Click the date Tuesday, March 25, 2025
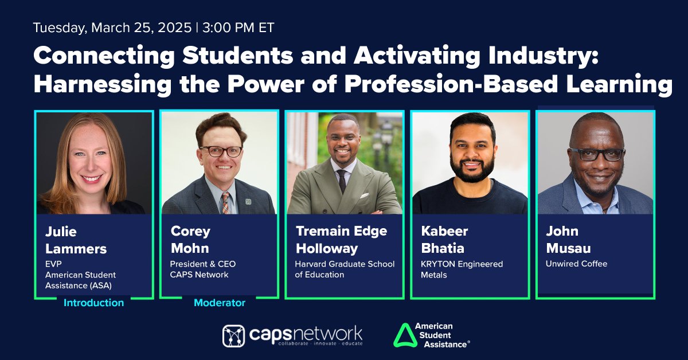(x=112, y=28)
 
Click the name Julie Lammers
(x=76, y=240)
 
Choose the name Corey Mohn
(x=191, y=240)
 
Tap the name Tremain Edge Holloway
(x=341, y=240)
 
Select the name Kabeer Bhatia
(x=445, y=240)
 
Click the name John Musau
(x=568, y=240)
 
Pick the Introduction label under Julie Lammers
(x=93, y=303)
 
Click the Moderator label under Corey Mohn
(x=220, y=303)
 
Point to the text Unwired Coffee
(x=577, y=264)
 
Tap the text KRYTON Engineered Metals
(x=462, y=269)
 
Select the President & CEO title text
(x=203, y=264)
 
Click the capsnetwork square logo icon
(x=233, y=336)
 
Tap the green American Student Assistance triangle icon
(x=405, y=335)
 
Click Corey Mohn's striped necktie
(x=225, y=202)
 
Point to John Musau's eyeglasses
(x=597, y=154)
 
